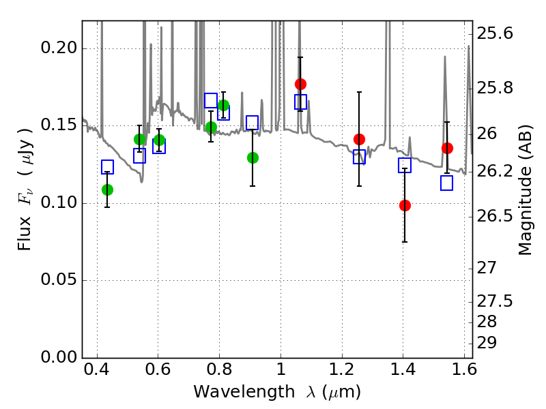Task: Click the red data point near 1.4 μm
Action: [405, 205]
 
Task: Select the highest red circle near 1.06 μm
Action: [300, 84]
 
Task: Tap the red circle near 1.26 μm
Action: [359, 139]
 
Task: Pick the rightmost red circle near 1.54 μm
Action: [447, 148]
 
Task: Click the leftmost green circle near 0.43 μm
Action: [107, 190]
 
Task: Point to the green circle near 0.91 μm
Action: [253, 157]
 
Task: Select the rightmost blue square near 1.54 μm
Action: [447, 183]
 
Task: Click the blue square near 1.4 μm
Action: [405, 165]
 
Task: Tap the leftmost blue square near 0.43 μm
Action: [107, 167]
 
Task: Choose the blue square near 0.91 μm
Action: [252, 123]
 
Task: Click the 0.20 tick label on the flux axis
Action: [59, 48]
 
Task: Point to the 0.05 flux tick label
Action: [59, 280]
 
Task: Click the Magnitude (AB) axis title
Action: [525, 194]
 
